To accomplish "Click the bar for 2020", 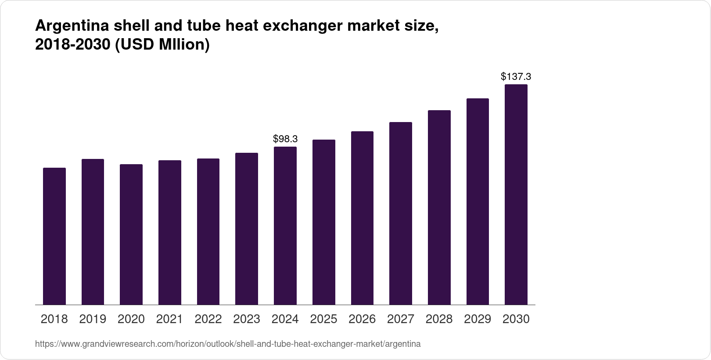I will click(131, 234).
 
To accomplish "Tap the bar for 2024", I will click(285, 226).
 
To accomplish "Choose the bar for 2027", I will click(401, 213).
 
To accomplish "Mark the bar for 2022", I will click(208, 231).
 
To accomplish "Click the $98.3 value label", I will click(285, 139).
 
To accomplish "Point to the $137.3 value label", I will click(516, 77).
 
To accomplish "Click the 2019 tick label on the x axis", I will click(93, 319).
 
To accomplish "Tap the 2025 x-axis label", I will click(324, 319).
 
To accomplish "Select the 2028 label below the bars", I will click(439, 319).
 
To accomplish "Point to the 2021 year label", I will click(170, 319).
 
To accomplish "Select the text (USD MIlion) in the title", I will click(162, 45).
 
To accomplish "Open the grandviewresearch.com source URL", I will click(228, 344).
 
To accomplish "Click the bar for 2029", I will click(478, 202).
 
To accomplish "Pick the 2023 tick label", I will click(247, 319).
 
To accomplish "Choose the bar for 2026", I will click(362, 218).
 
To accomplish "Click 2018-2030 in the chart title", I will click(72, 45).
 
